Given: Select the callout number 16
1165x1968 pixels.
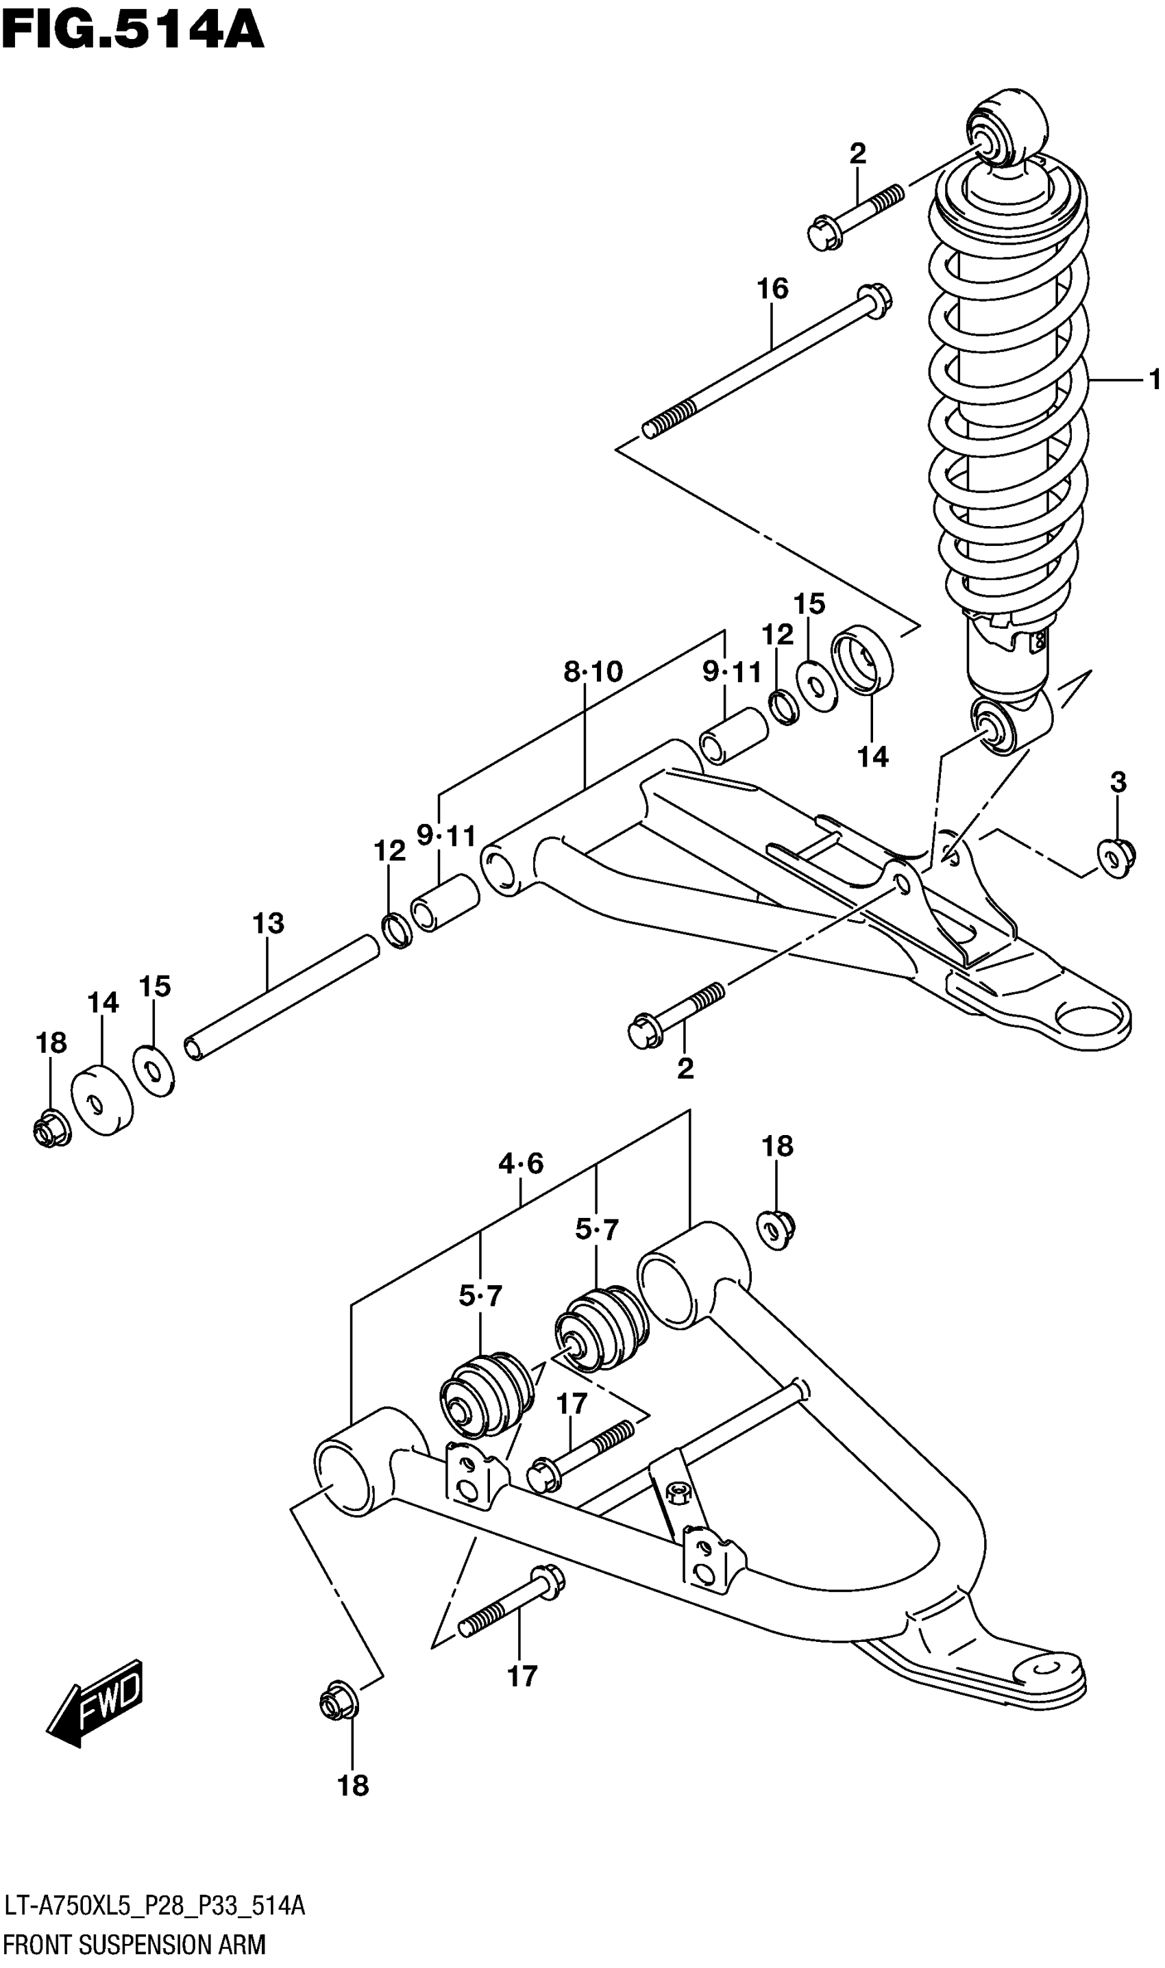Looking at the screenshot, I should pos(772,289).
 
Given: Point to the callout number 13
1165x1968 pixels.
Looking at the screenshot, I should pos(268,923).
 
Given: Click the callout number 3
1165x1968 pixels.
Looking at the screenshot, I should pos(1118,782).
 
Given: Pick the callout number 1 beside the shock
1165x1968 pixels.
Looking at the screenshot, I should pos(1153,381).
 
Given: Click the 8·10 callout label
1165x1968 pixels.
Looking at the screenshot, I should pos(593,672).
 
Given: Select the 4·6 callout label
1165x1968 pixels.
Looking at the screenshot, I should pos(521,1163).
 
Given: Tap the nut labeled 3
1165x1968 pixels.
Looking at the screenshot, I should pos(1116,857).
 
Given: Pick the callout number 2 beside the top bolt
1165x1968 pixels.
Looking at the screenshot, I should pos(857,154).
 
